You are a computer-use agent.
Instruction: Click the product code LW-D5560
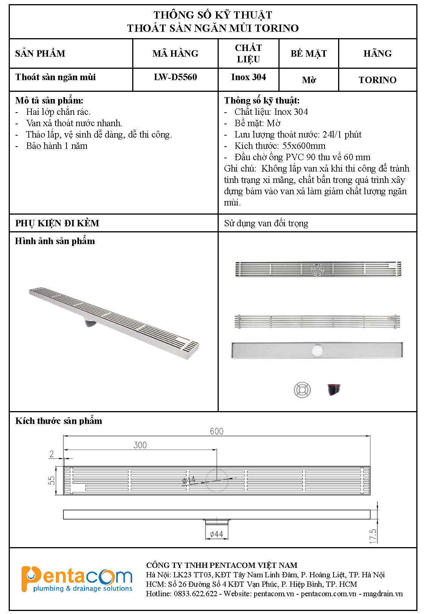tap(175, 77)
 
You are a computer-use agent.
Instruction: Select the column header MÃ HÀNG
tap(175, 53)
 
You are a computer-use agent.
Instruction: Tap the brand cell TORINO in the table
tap(378, 80)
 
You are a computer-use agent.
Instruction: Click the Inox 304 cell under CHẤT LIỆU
tap(249, 77)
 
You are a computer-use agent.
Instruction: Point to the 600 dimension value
tap(216, 431)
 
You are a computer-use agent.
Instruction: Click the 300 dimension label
tap(140, 445)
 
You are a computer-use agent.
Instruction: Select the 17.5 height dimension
tap(373, 536)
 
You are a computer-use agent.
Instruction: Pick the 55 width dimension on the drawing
tap(51, 480)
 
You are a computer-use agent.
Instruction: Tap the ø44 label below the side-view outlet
tap(216, 534)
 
